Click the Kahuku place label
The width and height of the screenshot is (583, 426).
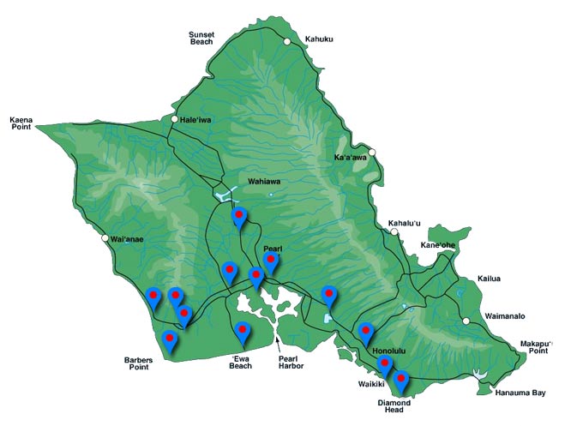click(320, 39)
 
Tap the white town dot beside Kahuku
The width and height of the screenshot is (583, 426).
click(286, 41)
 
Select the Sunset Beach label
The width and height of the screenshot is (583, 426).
click(202, 38)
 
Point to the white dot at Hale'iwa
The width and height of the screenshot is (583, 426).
click(175, 120)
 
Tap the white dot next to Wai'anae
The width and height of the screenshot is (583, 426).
click(105, 238)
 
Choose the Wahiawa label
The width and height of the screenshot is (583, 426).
click(264, 182)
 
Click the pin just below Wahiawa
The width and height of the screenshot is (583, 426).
click(240, 218)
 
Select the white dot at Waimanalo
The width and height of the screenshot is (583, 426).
click(466, 321)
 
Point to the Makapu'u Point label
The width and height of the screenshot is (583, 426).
click(536, 347)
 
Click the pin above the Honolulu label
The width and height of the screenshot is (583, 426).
click(367, 332)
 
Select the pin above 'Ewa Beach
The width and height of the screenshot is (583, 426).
click(243, 331)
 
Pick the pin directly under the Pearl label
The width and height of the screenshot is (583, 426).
click(271, 261)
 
